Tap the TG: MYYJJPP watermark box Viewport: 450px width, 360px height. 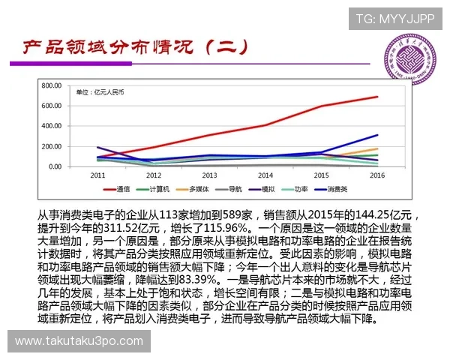394,19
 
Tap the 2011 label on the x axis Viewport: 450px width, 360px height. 97,175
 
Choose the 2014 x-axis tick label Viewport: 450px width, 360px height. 265,175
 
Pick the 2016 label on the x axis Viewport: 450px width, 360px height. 377,175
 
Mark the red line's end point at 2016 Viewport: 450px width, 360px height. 377,97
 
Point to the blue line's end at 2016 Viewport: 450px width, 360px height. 377,135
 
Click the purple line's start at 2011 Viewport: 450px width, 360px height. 97,148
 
